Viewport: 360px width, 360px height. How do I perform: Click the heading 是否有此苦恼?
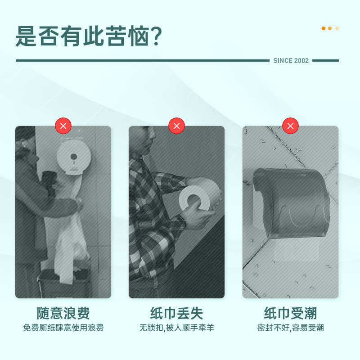click(x=89, y=36)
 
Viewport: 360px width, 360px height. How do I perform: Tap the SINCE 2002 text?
click(x=291, y=61)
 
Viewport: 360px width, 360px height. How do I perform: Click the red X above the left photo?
click(x=63, y=126)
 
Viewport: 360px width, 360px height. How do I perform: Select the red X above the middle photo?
click(x=176, y=126)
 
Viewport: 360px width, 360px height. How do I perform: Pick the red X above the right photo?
click(x=290, y=126)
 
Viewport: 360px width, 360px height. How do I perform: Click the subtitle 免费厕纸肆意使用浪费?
click(x=63, y=328)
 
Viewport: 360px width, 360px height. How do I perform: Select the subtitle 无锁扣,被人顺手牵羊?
click(x=176, y=328)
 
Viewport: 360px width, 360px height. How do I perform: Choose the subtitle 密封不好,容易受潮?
click(x=290, y=328)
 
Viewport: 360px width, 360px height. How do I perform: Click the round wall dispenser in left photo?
click(x=74, y=157)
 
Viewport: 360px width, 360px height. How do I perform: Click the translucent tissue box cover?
click(x=292, y=202)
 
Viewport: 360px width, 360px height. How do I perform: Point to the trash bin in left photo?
click(x=63, y=283)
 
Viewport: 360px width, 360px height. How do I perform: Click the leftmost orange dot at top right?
click(x=323, y=28)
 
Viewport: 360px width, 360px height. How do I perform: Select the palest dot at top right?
click(x=337, y=28)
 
